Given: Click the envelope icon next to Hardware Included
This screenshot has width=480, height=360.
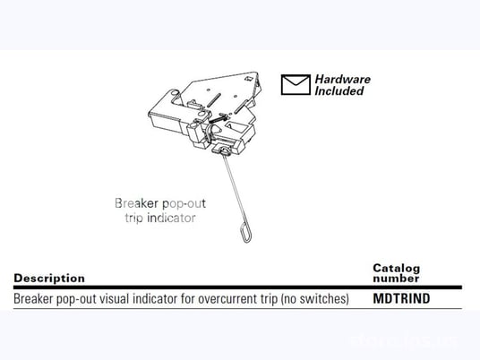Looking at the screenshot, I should pos(295,84).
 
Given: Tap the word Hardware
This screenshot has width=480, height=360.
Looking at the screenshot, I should pos(341,79).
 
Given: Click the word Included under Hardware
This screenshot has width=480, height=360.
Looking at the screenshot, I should pos(339,90).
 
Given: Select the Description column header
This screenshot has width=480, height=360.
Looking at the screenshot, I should pos(49,279).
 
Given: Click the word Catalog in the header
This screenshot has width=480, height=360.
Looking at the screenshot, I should pos(396,269).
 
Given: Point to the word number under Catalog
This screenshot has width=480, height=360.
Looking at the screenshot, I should pos(395,279).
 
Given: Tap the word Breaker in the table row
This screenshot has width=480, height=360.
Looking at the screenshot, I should pos(34,298).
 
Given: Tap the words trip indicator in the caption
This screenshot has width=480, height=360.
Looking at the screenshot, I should pos(155,217).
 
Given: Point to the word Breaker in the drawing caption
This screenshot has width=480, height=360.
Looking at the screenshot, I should pos(134,203).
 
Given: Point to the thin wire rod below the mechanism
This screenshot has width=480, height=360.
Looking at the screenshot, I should pos(232,189).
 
